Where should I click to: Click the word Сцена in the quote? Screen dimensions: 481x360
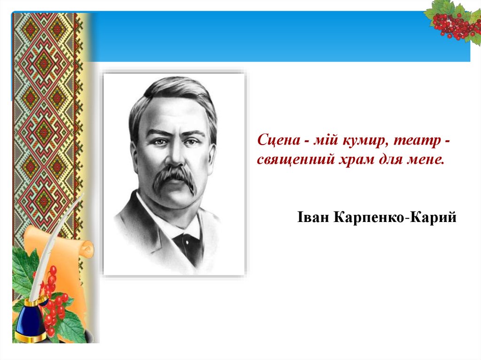click(x=279, y=140)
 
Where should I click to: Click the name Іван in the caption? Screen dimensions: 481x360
click(x=313, y=217)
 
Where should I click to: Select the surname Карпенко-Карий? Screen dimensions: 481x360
click(x=395, y=217)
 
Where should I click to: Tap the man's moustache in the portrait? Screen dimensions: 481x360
click(x=174, y=178)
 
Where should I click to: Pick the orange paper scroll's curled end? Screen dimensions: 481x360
click(x=87, y=249)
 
